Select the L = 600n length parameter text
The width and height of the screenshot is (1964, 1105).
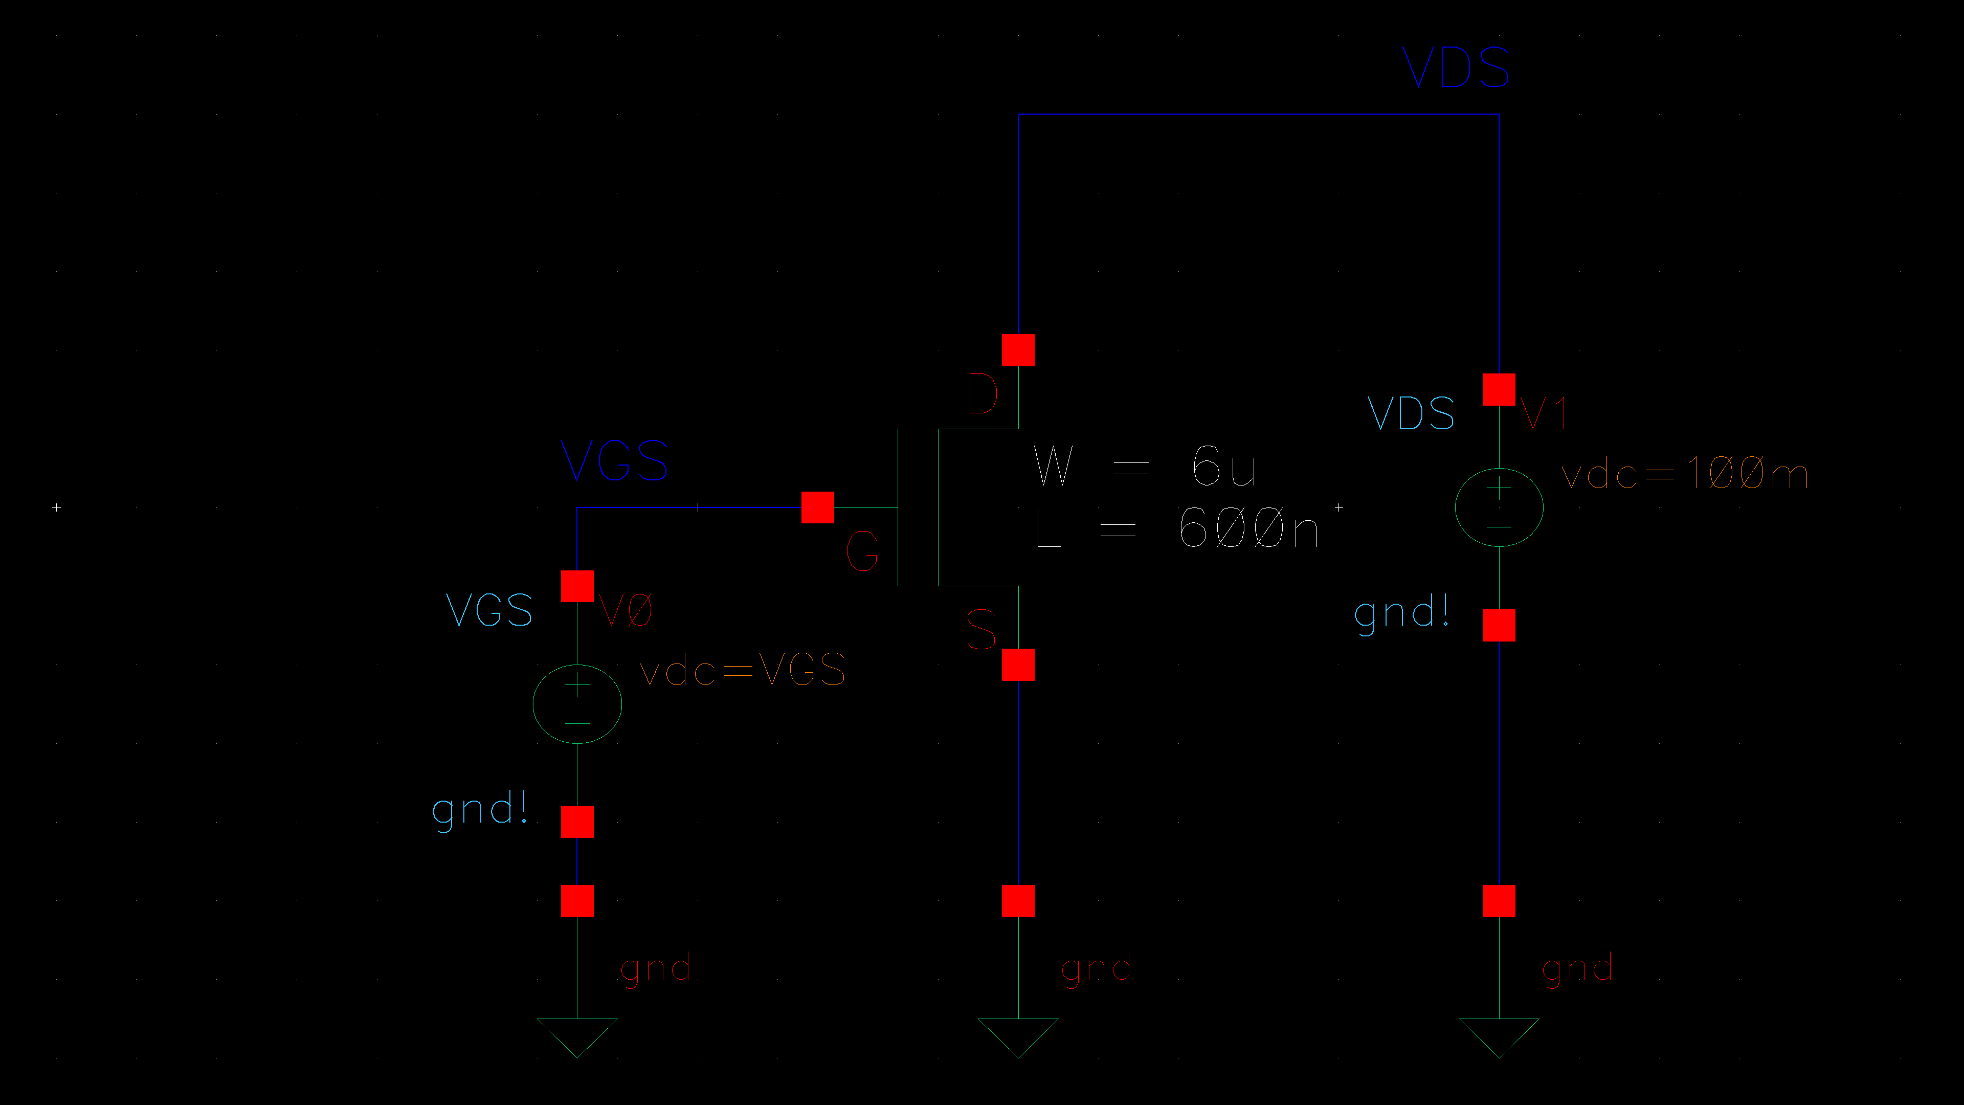(x=1176, y=528)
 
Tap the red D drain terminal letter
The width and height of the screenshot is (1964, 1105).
(x=982, y=394)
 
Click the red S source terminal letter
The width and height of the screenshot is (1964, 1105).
(x=981, y=629)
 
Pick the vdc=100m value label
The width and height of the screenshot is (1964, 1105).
(x=1684, y=474)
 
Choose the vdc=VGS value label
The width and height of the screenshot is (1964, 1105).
(x=742, y=670)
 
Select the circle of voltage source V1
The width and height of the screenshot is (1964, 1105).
(x=1499, y=507)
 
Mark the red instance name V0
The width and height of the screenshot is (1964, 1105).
(x=625, y=610)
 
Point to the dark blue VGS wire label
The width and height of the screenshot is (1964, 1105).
(x=614, y=460)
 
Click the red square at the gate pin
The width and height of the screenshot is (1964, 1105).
(x=817, y=507)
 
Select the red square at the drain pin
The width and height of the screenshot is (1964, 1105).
(x=1018, y=350)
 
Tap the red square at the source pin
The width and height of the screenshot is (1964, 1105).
(x=1018, y=664)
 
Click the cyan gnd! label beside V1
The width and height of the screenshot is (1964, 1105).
(x=1401, y=612)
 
